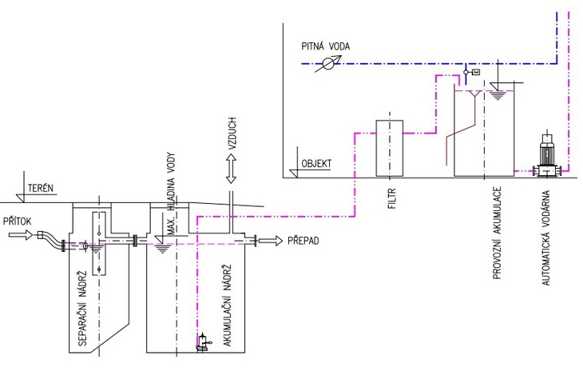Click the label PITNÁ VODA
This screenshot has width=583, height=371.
325,46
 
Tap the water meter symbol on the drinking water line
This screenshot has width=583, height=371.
328,64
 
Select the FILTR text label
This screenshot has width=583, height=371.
392,198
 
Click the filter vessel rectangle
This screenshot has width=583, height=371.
389,148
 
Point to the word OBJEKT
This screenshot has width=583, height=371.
316,164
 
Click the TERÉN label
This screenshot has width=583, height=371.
41,188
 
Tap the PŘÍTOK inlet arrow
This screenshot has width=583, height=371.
21,235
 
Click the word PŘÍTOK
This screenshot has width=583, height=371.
17,221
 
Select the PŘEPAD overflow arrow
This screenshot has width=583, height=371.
271,241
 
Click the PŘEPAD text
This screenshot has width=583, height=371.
303,241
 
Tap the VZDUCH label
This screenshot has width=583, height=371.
232,134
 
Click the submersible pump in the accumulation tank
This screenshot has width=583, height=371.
203,343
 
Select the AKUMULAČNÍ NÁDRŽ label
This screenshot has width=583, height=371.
227,305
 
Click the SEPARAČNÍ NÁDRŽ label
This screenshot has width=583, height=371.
82,308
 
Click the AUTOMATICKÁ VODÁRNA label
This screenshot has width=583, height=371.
545,237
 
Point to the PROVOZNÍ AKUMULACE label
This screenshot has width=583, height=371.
497,233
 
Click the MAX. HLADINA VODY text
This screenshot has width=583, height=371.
171,193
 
